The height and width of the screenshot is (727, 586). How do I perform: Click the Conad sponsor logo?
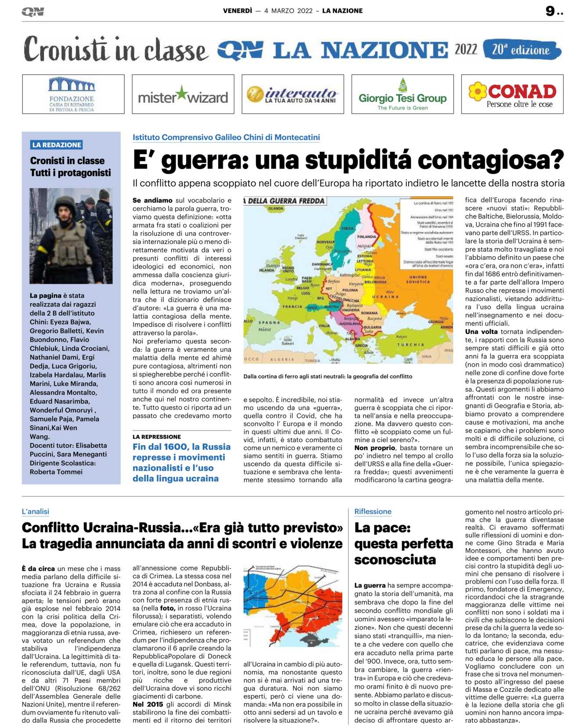point(512,94)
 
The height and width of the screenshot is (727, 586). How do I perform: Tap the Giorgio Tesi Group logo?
point(403,94)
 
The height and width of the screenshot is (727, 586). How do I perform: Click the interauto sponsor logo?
point(293,94)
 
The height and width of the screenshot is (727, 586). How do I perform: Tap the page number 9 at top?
point(550,11)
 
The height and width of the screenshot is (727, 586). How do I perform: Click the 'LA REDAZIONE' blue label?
point(57,145)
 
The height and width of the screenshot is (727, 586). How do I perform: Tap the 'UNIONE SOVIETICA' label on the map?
point(417,279)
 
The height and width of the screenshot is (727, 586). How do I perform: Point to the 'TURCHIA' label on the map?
point(410,345)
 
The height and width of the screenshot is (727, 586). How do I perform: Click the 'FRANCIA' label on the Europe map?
point(292,307)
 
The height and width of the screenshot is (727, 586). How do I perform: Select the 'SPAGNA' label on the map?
point(269,322)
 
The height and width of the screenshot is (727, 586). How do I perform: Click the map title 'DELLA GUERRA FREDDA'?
point(286,201)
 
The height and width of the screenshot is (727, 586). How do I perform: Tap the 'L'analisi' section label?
point(36,512)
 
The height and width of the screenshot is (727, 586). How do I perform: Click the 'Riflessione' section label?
point(373,512)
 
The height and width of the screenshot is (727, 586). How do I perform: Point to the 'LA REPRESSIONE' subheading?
point(157,437)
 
